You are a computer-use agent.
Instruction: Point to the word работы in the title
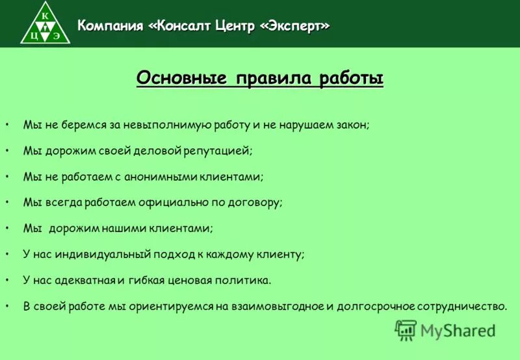tap(351, 79)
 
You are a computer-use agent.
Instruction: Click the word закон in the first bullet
tap(351, 124)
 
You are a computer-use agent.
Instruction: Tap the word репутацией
tap(218, 150)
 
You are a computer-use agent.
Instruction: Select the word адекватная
tap(84, 280)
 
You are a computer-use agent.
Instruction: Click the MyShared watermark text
tap(458, 330)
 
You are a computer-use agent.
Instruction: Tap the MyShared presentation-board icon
tap(405, 331)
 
